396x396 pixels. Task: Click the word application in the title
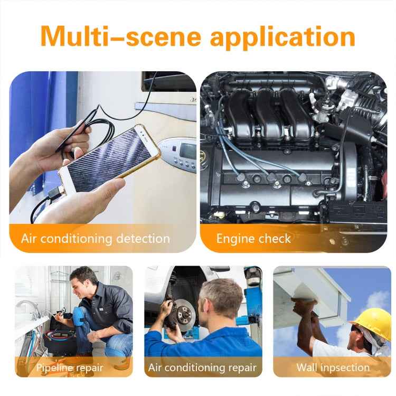[x=282, y=36]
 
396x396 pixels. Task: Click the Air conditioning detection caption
[x=96, y=238]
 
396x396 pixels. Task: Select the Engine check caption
[x=253, y=238]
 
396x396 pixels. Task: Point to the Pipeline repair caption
[x=70, y=367]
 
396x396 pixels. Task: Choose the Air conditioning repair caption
[x=202, y=367]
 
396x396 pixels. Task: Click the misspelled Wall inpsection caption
[x=333, y=367]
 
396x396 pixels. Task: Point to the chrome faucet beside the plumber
[x=26, y=306]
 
